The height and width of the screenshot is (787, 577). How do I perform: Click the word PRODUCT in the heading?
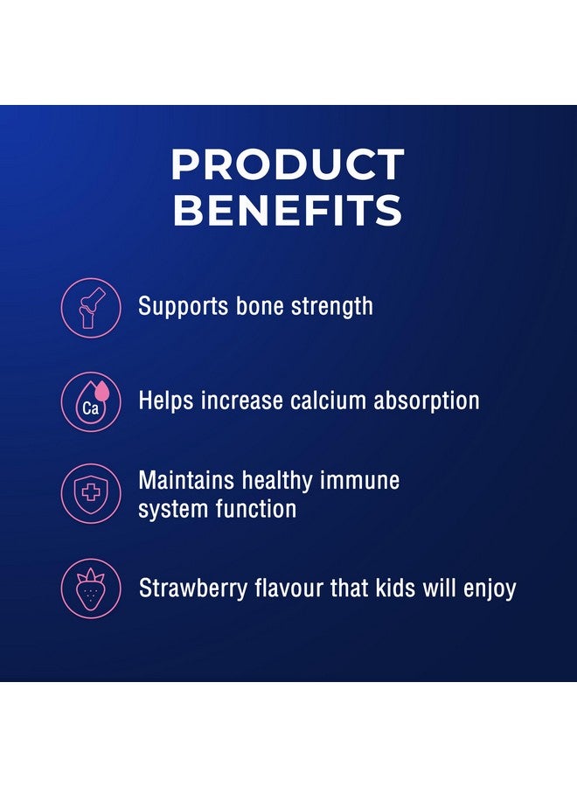click(x=288, y=165)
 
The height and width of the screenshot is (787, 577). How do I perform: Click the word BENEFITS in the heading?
click(x=288, y=210)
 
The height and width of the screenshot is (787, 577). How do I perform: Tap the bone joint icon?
click(x=91, y=307)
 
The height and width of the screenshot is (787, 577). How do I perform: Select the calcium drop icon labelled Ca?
click(x=91, y=401)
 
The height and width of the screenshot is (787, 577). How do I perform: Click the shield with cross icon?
click(x=91, y=493)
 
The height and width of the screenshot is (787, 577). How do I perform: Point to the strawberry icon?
click(x=91, y=588)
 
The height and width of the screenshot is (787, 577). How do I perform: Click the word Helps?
click(x=167, y=401)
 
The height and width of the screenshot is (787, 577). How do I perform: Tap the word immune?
click(x=358, y=480)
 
